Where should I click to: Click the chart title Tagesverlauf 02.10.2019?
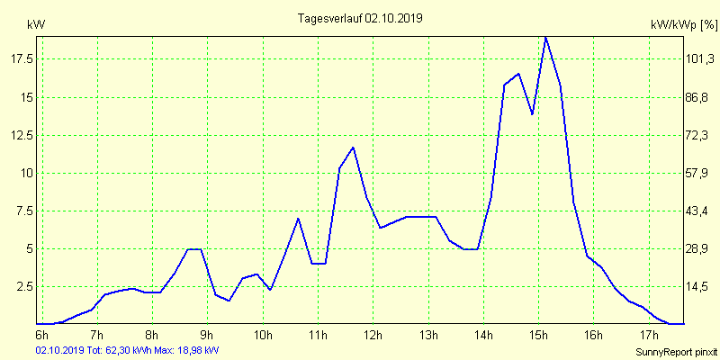click(x=360, y=17)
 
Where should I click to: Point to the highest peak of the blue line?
click(x=545, y=37)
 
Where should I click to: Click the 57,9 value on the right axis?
click(x=698, y=173)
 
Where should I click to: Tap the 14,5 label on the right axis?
click(x=698, y=286)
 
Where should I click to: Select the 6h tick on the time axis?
click(x=41, y=337)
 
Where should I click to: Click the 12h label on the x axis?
click(x=373, y=337)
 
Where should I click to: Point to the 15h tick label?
click(x=538, y=337)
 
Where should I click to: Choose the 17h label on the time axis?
click(x=649, y=337)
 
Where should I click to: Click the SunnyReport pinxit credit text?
click(x=677, y=350)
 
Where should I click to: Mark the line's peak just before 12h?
click(x=353, y=148)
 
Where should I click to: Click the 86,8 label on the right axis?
click(x=698, y=97)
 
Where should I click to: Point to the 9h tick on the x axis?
click(x=207, y=337)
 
